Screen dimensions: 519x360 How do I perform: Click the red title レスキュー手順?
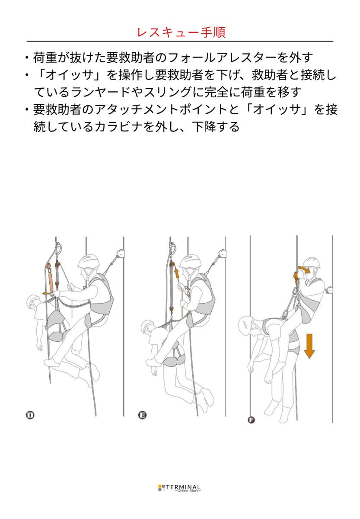point(180,32)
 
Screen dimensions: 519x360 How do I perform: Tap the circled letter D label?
point(30,415)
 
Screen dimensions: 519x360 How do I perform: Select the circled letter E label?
point(142,415)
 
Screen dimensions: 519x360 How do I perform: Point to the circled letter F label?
point(252,420)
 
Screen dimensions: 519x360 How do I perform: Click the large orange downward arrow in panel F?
point(309,346)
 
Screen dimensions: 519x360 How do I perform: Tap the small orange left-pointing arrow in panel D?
point(46,293)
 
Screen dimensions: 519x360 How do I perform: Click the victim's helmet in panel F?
point(247,323)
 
